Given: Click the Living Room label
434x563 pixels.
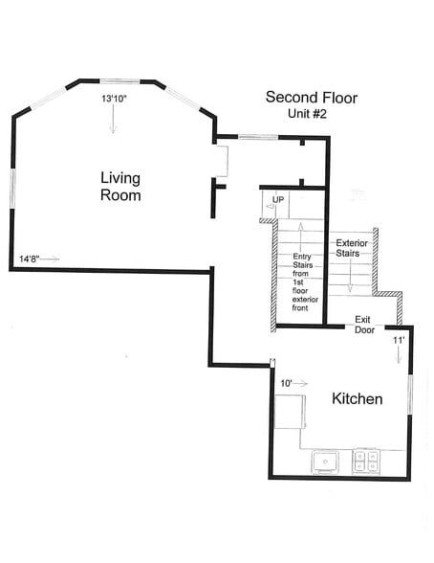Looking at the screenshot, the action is pos(120,187).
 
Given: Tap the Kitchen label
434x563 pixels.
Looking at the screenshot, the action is pos(357,399).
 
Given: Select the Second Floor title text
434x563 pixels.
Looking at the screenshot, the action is pos(312,98).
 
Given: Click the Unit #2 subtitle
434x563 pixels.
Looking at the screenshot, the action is pos(307,114).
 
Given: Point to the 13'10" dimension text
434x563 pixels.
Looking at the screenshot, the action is pos(114,99).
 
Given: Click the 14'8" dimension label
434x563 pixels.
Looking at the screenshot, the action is pos(29,259).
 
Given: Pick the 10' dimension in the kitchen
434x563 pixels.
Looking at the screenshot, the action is pos(286,383).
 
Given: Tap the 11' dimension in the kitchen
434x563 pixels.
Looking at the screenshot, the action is pos(399,340).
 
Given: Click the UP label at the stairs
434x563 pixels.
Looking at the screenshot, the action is pos(278,199).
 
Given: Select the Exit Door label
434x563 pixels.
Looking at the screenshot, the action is pos(364,325).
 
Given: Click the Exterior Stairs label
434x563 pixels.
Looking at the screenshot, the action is pos(352,248).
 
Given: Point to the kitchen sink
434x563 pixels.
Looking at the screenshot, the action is pos(325,462).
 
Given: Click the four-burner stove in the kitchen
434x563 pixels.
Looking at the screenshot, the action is pos(366,462).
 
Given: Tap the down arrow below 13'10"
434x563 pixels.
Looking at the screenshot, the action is pos(113,119).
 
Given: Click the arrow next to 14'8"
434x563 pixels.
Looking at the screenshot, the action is pos(50,259).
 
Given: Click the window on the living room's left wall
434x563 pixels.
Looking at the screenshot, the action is pos(12,188).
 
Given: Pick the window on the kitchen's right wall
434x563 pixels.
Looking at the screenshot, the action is pos(410,394).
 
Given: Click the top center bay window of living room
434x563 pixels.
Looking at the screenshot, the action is pos(119,81).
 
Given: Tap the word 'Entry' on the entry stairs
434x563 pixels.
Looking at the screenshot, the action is pos(302,257).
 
